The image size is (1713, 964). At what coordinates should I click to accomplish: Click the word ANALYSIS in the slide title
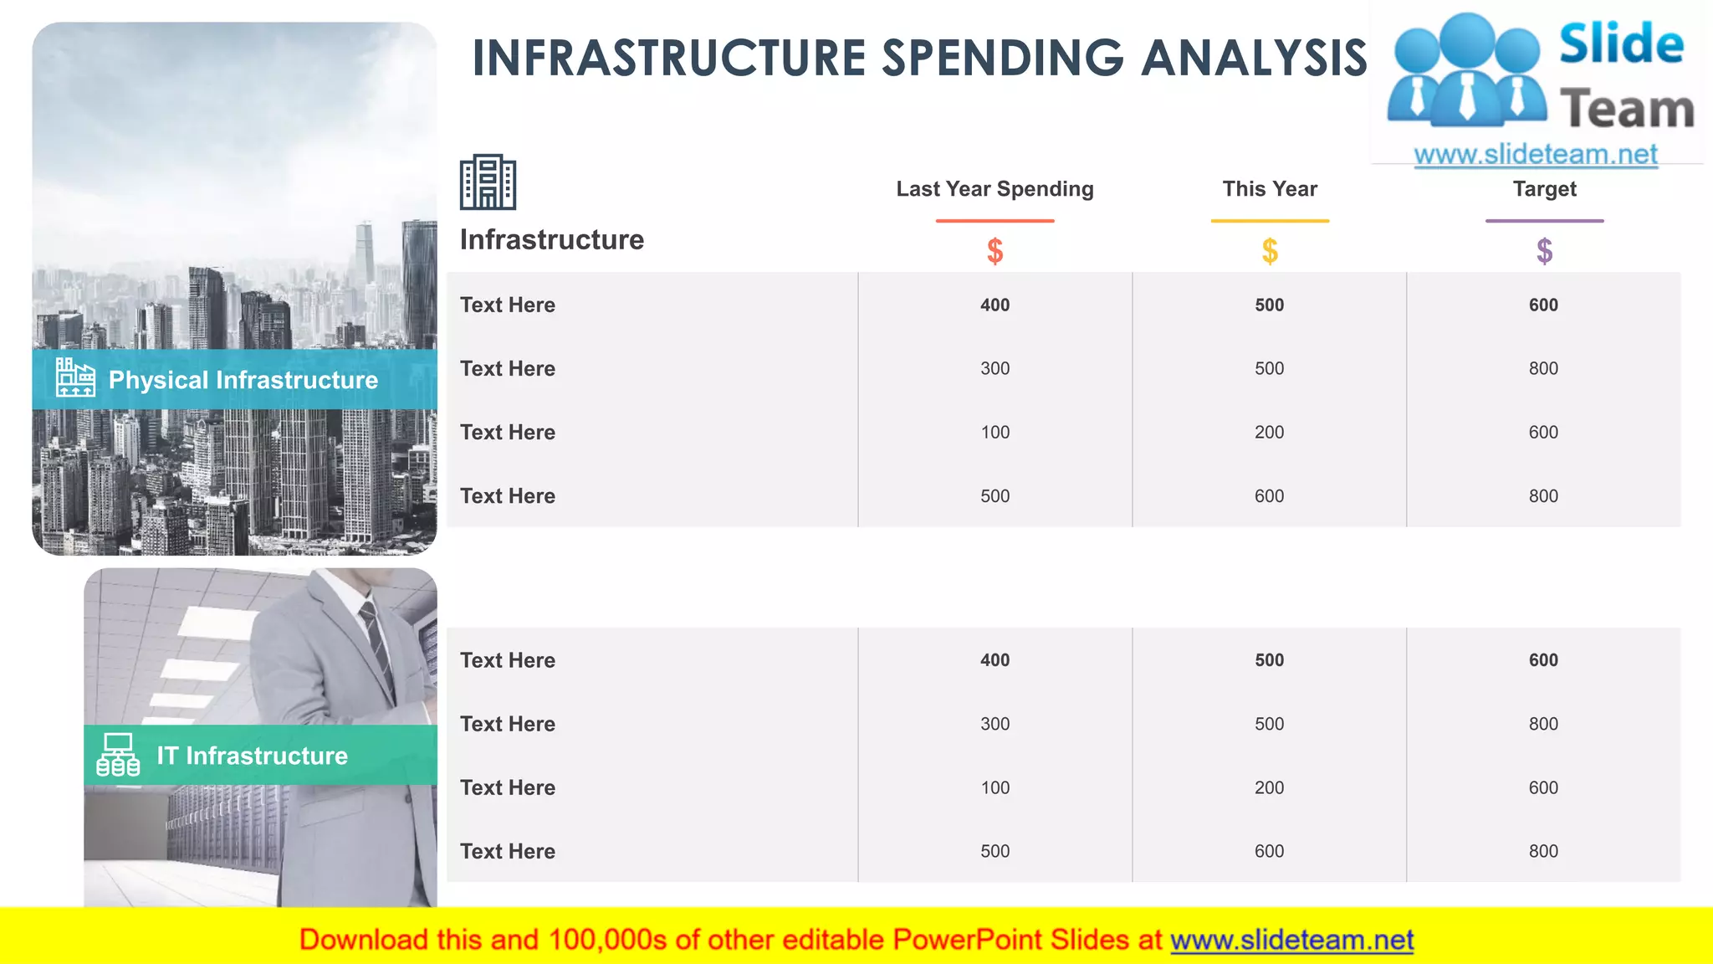tap(1254, 59)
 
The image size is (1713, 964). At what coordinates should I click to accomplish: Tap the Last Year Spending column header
tap(995, 189)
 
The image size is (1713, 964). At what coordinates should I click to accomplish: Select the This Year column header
tap(1269, 189)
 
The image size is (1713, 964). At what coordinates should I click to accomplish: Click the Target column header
tap(1544, 189)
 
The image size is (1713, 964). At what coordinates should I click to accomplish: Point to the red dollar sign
tap(995, 251)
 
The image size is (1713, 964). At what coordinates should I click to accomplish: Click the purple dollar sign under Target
tap(1544, 251)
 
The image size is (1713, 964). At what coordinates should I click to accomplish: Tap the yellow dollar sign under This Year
tap(1270, 251)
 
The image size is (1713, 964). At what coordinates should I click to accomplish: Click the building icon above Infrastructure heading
tap(488, 182)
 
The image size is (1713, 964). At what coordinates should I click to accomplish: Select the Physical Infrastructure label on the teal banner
tap(243, 380)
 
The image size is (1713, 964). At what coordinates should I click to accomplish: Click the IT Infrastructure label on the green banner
tap(252, 756)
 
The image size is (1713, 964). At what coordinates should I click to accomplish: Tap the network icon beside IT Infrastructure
tap(118, 755)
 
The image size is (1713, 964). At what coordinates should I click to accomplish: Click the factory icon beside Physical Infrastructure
tap(75, 377)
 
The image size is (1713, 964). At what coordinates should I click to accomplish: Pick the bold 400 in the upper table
tap(995, 305)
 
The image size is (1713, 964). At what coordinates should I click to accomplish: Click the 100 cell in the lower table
tap(995, 787)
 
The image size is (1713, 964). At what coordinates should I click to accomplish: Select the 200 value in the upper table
tap(1269, 433)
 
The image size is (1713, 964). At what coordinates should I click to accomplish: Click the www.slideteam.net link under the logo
tap(1535, 154)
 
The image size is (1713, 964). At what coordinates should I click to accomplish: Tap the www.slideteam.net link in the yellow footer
tap(1291, 940)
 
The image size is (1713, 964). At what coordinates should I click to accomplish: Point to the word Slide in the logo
tap(1620, 44)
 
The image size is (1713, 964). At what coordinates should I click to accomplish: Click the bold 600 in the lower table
tap(1543, 660)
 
